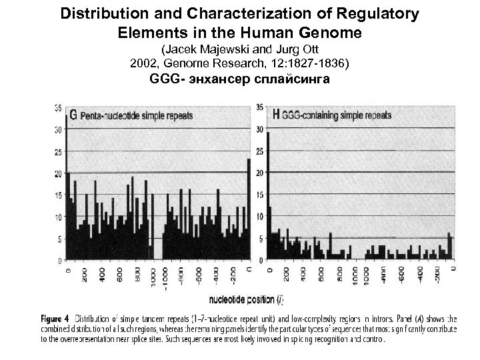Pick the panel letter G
click(73, 115)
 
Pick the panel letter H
click(276, 114)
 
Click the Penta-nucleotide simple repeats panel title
click(137, 115)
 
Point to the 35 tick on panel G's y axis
click(58, 108)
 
